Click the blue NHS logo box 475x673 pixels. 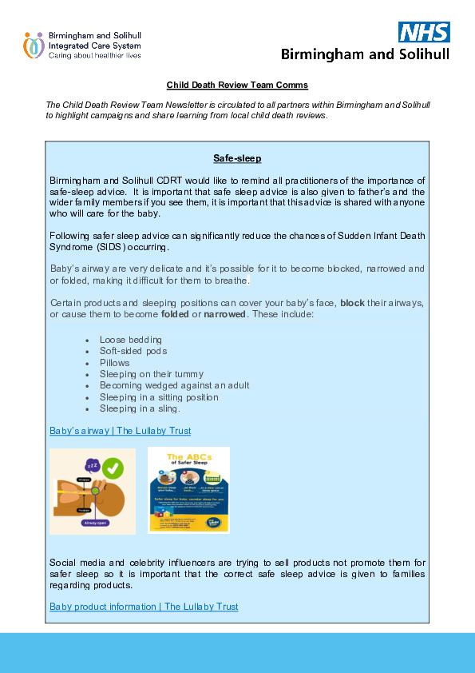coord(424,32)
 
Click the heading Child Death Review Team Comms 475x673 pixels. coord(237,85)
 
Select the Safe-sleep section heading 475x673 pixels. coord(237,158)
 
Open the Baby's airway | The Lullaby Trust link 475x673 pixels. coord(121,431)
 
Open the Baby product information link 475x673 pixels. coord(144,607)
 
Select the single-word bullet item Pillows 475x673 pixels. coord(114,362)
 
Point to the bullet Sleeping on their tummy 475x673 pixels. coord(151,373)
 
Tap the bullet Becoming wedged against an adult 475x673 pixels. coord(174,385)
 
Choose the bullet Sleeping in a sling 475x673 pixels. coord(140,408)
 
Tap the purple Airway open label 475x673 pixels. coord(93,524)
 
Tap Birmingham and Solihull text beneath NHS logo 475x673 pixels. coord(365,54)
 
